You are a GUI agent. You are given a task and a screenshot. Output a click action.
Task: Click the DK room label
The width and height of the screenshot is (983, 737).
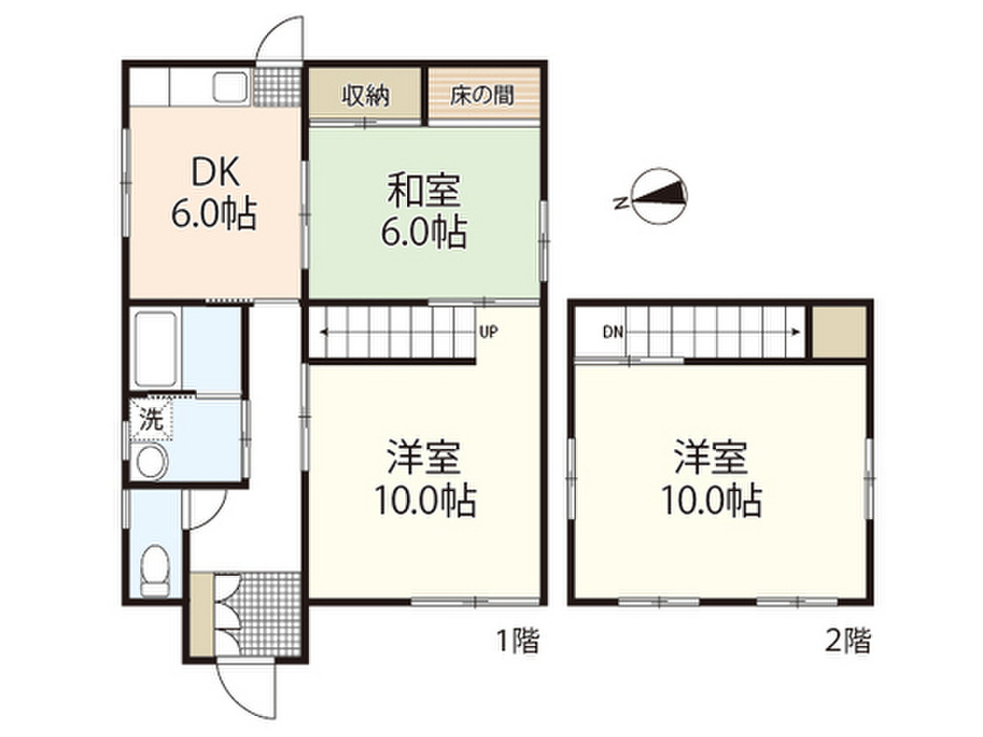[x=213, y=173]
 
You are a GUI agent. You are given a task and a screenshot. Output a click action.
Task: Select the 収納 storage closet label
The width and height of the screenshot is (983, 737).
[x=365, y=96]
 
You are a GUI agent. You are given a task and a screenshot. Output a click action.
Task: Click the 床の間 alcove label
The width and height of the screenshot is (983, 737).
[x=483, y=96]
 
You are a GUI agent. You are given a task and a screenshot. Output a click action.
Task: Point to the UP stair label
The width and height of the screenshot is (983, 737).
[x=488, y=333]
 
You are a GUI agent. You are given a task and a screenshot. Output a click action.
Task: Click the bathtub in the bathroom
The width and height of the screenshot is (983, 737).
[x=155, y=349]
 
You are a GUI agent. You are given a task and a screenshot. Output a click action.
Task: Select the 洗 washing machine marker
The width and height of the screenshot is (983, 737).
[x=152, y=418]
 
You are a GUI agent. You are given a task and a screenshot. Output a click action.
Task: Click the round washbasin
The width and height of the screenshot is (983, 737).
[x=152, y=463]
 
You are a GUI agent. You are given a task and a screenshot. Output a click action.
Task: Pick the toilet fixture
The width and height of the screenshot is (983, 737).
[x=154, y=570]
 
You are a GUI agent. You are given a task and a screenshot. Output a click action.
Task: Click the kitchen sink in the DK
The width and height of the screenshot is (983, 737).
[x=231, y=90]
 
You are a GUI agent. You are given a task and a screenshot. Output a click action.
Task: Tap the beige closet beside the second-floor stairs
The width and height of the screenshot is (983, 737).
[x=839, y=331]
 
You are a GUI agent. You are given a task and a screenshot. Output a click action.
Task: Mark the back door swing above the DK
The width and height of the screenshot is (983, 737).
[x=283, y=43]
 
